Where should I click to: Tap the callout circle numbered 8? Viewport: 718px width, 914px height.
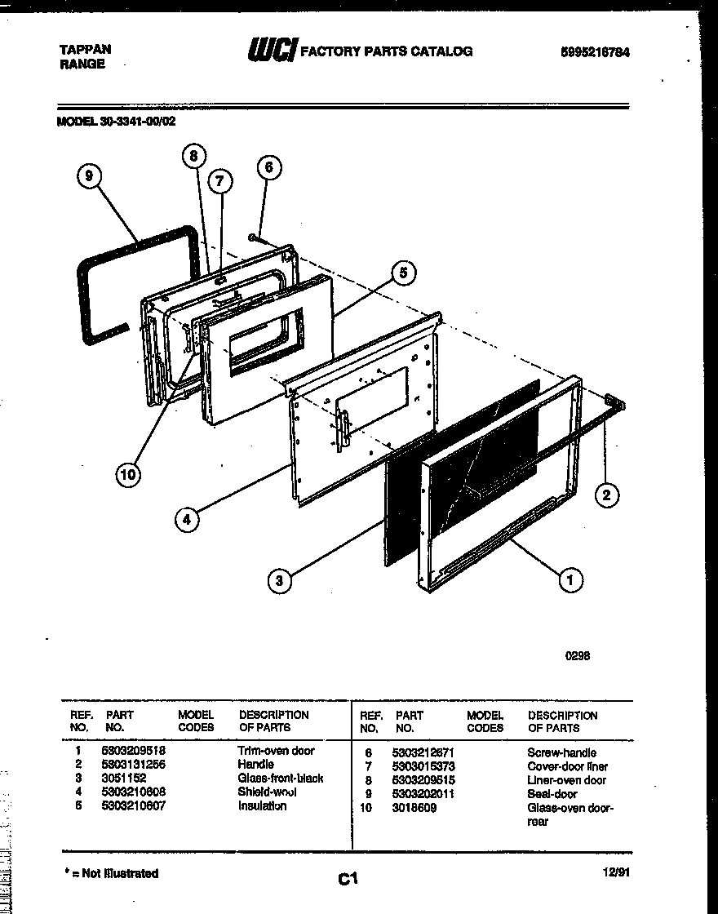(193, 156)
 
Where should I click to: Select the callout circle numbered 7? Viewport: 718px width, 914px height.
(219, 181)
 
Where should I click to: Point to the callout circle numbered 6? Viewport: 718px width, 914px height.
(268, 168)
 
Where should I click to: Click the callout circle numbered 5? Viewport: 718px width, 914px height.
(402, 272)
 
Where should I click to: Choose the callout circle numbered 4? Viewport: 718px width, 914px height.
(187, 519)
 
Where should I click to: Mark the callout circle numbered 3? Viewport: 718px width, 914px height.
(280, 581)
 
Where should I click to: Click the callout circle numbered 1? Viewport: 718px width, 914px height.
(570, 580)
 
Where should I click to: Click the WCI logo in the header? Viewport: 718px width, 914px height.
(273, 51)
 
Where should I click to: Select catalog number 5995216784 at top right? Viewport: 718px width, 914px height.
(595, 51)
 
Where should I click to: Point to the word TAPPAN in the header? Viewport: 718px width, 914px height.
(86, 49)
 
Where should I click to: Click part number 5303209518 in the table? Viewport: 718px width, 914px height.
(133, 751)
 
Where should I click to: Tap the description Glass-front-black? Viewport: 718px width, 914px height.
(280, 779)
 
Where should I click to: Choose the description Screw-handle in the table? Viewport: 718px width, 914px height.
(561, 752)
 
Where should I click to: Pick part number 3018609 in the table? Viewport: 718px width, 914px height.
(414, 808)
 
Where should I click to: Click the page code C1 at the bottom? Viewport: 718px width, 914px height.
(348, 879)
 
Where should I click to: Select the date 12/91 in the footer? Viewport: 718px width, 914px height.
(617, 872)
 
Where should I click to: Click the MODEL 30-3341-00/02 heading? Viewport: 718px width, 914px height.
(115, 121)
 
